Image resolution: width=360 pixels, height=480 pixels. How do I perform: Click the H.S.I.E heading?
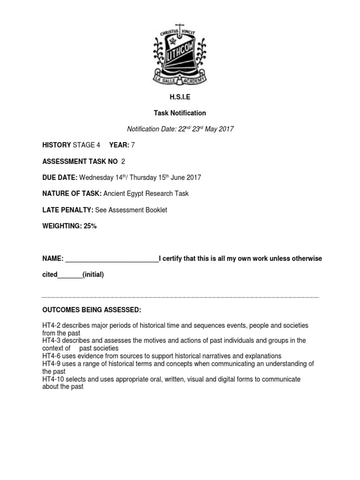180,97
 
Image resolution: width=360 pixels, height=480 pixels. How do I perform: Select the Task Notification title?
180,113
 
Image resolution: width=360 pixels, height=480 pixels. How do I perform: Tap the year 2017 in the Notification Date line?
225,129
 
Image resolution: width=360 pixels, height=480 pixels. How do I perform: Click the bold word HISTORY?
56,145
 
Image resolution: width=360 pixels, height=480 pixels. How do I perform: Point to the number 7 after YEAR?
133,145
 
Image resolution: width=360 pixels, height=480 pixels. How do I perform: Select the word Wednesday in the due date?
95,178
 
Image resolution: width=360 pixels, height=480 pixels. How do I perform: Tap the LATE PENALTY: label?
67,210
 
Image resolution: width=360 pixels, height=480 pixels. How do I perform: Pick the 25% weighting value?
89,226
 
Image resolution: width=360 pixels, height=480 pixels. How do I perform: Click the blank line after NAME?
112,259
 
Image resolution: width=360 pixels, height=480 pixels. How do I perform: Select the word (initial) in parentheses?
93,275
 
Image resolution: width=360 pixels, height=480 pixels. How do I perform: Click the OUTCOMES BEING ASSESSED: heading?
91,310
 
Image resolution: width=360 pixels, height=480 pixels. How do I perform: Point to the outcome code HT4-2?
51,325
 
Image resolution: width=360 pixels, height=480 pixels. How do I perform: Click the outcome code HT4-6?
51,356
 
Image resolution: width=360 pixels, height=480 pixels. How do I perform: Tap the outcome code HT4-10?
52,379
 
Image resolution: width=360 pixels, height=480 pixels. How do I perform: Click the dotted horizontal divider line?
180,297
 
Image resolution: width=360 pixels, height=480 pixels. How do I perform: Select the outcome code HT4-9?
51,363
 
